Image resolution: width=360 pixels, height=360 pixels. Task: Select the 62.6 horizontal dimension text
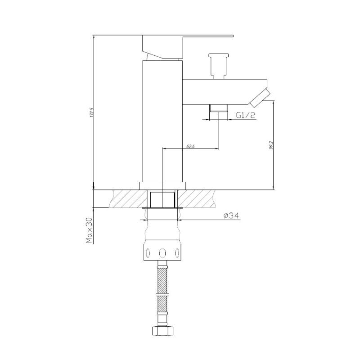(189, 146)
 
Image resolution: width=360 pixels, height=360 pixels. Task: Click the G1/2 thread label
(246, 115)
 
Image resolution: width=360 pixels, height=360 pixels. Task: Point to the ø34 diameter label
(230, 216)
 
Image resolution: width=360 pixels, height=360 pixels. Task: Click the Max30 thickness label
(89, 230)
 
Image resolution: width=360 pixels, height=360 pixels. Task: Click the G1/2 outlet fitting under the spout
(219, 108)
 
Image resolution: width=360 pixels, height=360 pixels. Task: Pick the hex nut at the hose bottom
(163, 332)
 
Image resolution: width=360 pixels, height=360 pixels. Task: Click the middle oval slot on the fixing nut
(163, 252)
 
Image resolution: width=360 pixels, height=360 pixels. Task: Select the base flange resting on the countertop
(163, 185)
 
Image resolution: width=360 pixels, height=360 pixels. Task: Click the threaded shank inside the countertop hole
(163, 198)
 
